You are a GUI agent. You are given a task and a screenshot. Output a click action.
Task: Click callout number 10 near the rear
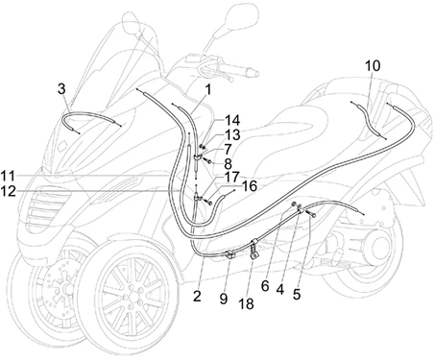pyautogui.click(x=373, y=65)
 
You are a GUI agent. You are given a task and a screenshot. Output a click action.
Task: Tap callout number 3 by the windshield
pyautogui.click(x=61, y=88)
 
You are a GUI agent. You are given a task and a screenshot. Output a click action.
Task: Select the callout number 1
pyautogui.click(x=208, y=89)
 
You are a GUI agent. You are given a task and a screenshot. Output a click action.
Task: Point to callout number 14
pyautogui.click(x=232, y=121)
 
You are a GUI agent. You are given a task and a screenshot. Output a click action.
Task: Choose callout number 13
pyautogui.click(x=232, y=134)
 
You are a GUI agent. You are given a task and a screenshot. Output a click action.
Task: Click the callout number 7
pyautogui.click(x=228, y=150)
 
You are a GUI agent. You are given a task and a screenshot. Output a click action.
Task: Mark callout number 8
pyautogui.click(x=228, y=164)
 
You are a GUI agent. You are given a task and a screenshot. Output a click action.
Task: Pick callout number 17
pyautogui.click(x=232, y=177)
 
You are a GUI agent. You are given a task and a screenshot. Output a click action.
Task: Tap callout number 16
pyautogui.click(x=250, y=186)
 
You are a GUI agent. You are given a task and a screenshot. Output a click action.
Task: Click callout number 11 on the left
pyautogui.click(x=8, y=176)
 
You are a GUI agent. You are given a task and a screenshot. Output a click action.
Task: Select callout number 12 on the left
pyautogui.click(x=8, y=191)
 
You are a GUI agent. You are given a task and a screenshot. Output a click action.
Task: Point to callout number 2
pyautogui.click(x=197, y=297)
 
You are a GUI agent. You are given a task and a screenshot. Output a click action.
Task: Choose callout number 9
pyautogui.click(x=224, y=299)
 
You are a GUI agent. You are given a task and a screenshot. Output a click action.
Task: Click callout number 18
pyautogui.click(x=246, y=303)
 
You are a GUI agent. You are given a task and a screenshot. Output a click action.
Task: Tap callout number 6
pyautogui.click(x=265, y=286)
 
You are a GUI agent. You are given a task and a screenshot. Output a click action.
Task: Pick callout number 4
pyautogui.click(x=279, y=290)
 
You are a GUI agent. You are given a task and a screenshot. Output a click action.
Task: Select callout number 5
pyautogui.click(x=297, y=294)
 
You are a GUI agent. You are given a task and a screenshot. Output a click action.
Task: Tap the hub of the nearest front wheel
pyautogui.click(x=133, y=293)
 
